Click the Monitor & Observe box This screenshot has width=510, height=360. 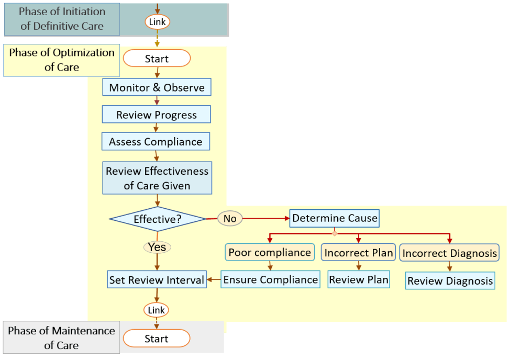[157, 87]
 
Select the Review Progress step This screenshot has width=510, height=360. [157, 115]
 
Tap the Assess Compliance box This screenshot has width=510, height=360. [156, 141]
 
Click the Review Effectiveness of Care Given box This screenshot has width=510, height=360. [157, 178]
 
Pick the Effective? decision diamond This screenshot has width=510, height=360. [157, 219]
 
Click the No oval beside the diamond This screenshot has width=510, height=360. [230, 218]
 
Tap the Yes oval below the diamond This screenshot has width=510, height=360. [157, 246]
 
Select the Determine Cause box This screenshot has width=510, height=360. [335, 218]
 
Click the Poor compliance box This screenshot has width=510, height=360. [270, 252]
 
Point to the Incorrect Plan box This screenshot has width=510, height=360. [359, 253]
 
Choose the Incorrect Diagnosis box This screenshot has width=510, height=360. [449, 253]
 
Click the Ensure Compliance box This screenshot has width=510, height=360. [270, 279]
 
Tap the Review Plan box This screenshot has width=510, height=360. [359, 279]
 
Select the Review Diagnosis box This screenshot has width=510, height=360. [450, 281]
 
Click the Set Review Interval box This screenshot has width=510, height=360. [157, 280]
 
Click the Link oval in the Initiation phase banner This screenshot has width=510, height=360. [157, 22]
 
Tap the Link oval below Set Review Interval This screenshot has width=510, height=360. [157, 310]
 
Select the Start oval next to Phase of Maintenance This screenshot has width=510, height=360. [157, 339]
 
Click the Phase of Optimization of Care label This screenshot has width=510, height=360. [62, 60]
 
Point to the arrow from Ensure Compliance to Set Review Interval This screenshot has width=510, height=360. [214, 280]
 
